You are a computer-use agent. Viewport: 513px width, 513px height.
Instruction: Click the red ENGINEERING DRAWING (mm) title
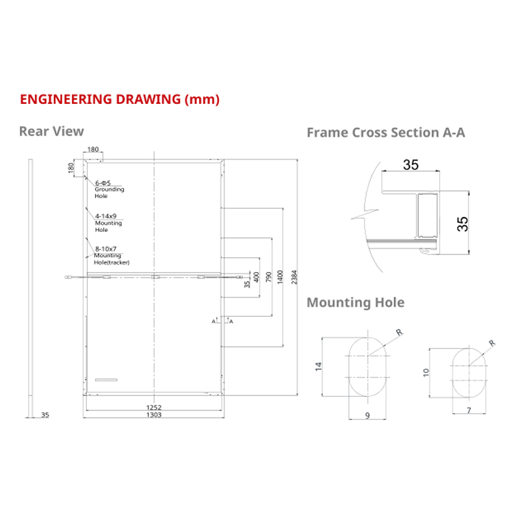coord(120,99)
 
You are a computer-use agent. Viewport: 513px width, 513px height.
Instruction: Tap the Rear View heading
coord(51,131)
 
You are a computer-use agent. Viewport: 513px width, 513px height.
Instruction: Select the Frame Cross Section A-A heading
coord(386,133)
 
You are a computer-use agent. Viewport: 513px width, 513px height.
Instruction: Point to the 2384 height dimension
coord(294,277)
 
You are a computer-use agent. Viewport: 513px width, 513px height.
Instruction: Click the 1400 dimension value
coord(280,277)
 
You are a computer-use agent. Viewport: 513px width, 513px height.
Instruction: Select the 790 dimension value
coord(268,277)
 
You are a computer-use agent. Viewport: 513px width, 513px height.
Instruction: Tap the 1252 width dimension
coord(153,407)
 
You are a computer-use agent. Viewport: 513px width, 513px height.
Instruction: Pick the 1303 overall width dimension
coord(153,415)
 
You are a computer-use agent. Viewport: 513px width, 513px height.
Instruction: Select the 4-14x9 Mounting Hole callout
coord(108,222)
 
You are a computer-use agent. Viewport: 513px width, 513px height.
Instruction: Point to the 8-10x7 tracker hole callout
coord(111,255)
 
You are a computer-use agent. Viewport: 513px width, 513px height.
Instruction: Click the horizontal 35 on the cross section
coord(410,164)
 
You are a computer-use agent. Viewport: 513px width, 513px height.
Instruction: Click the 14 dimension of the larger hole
coord(318,366)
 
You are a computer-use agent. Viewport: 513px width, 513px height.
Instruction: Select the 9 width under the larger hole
coord(368,415)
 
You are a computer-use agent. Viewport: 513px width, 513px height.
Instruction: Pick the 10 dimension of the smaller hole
coord(425,372)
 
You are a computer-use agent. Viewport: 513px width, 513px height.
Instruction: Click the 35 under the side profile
coord(45,415)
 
